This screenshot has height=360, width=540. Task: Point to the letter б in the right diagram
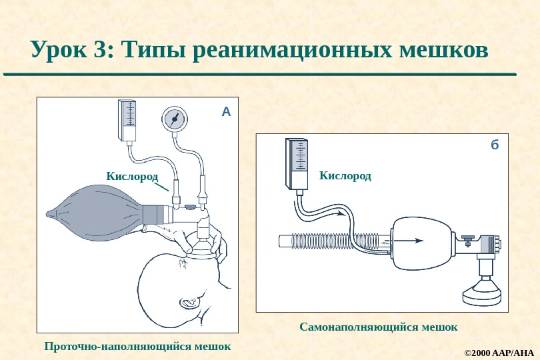(494, 145)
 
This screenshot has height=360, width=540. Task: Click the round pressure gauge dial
(175, 119)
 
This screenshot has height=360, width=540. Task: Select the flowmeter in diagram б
(297, 163)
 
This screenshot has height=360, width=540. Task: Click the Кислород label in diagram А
(132, 175)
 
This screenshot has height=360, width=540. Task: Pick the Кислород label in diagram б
(345, 175)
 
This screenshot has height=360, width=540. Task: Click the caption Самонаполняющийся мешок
(378, 327)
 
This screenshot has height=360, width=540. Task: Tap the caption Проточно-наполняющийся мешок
(137, 346)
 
